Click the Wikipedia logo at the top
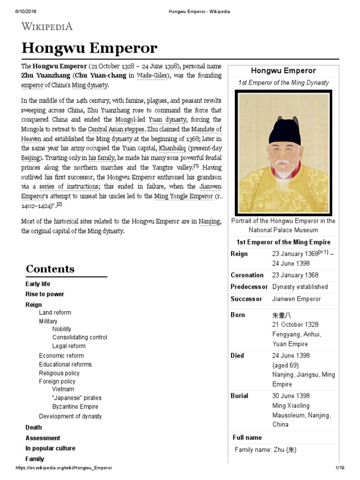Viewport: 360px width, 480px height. [x=46, y=26]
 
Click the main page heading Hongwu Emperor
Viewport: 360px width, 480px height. [x=89, y=48]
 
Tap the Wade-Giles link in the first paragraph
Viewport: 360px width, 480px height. [x=151, y=75]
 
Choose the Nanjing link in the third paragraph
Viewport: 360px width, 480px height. [x=209, y=222]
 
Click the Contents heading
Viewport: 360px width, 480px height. [x=50, y=269]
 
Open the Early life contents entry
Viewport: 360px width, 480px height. [x=37, y=284]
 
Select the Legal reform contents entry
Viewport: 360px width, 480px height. [x=69, y=346]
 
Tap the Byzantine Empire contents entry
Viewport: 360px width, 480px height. [x=75, y=407]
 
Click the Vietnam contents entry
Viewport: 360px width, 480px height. [x=63, y=389]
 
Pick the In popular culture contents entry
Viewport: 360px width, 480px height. [x=50, y=449]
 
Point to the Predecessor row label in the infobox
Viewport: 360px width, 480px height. [x=249, y=287]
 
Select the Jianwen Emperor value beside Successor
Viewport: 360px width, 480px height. [x=296, y=299]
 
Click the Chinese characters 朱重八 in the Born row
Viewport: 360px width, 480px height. [x=282, y=315]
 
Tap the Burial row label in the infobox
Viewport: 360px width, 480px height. [x=240, y=396]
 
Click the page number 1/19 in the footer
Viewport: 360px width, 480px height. [x=339, y=468]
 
